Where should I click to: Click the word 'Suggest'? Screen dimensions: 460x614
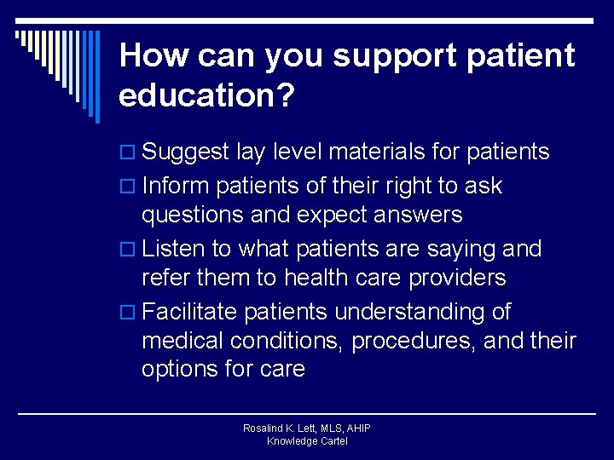[186, 153]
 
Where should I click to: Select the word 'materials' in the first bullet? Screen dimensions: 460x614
[377, 152]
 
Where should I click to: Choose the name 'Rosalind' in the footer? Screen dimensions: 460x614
[264, 428]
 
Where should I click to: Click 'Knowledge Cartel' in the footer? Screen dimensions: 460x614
[307, 441]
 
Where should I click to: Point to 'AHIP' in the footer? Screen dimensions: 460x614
[357, 428]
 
